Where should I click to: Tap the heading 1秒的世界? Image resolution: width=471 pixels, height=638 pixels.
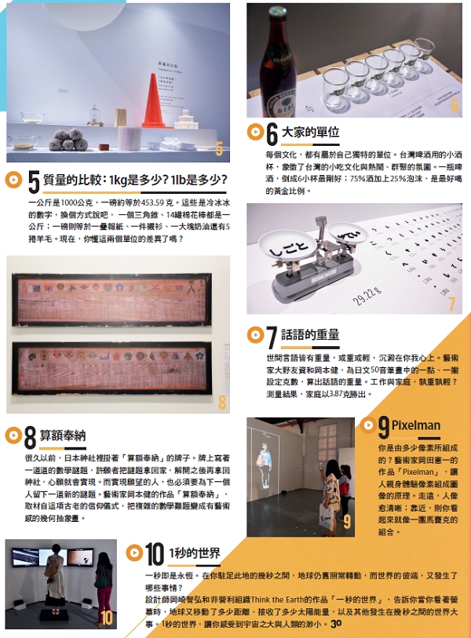195,552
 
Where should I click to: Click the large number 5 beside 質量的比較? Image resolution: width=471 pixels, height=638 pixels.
34,182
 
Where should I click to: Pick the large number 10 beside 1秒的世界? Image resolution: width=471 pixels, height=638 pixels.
154,555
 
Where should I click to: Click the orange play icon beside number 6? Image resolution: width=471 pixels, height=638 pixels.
254,131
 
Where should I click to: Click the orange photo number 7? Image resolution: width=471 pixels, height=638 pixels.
451,305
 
